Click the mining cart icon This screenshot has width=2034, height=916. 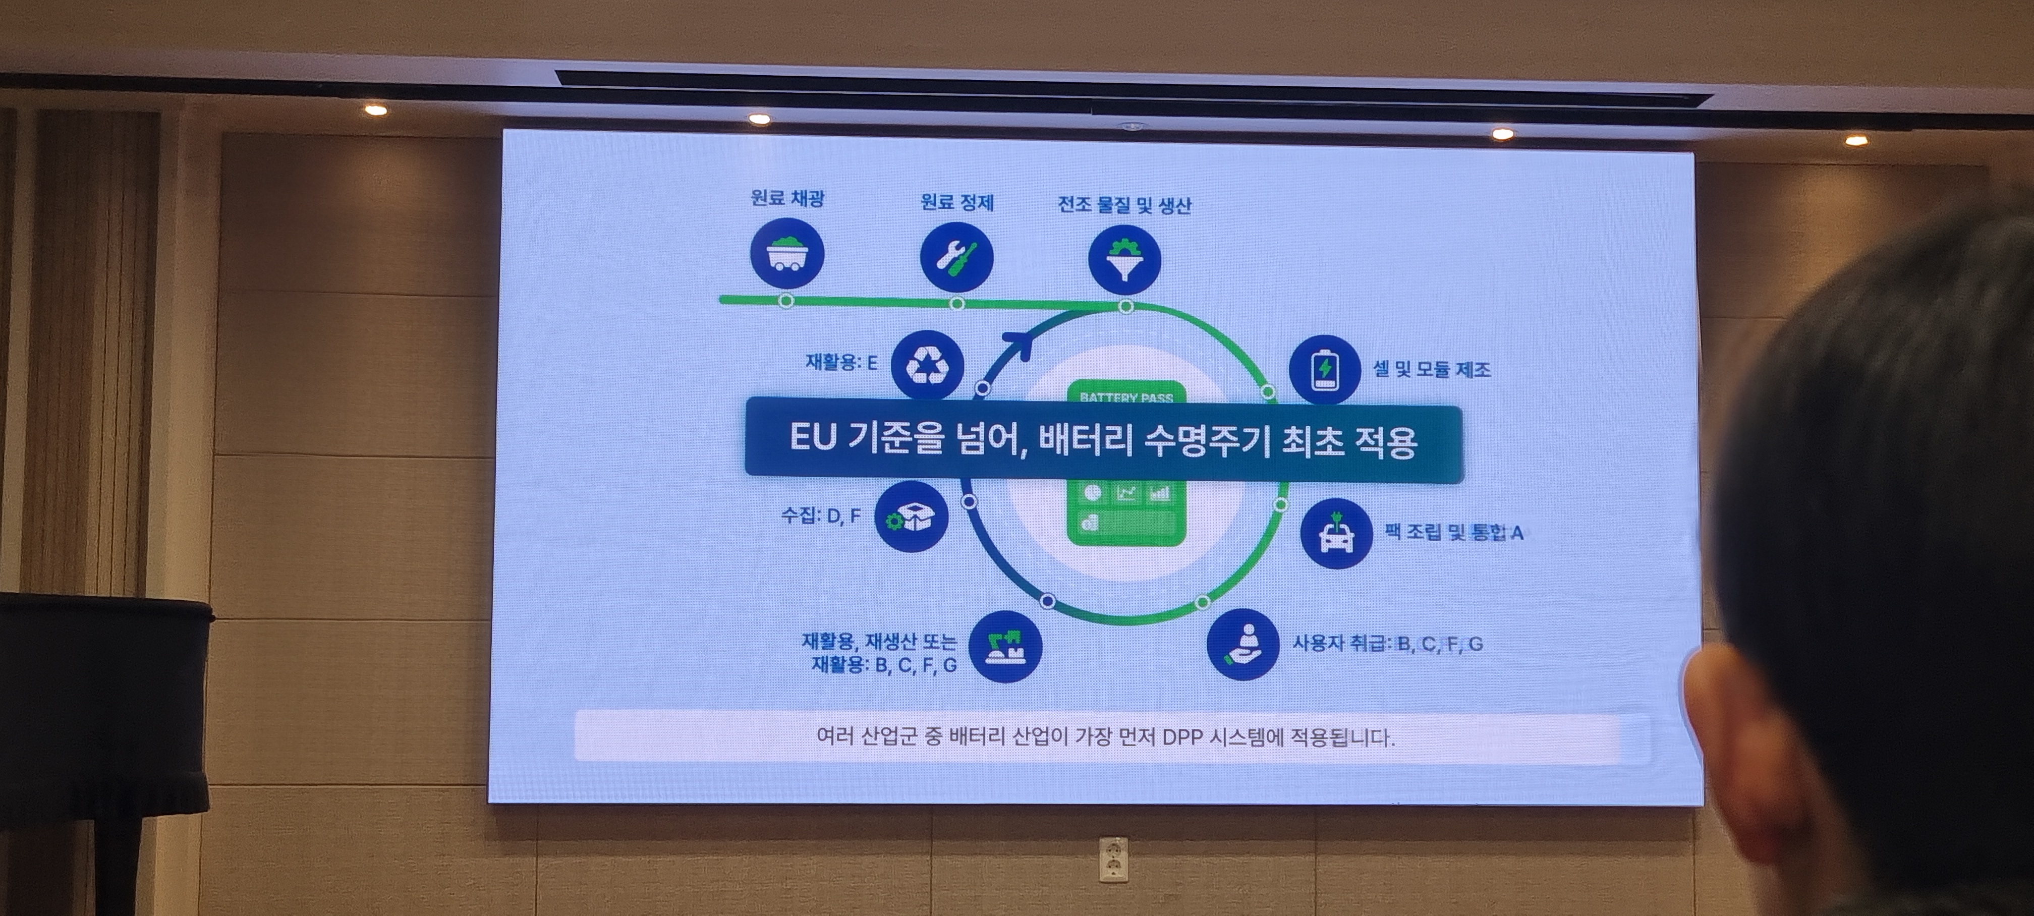pos(786,254)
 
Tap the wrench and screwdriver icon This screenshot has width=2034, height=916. pos(956,257)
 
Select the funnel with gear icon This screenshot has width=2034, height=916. pos(1124,260)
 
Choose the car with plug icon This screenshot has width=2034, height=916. pos(1336,533)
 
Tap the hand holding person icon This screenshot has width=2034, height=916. pos(1243,644)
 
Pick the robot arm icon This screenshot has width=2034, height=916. pos(1004,646)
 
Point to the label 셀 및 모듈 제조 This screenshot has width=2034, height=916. pos(1432,369)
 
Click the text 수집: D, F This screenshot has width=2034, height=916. pos(820,516)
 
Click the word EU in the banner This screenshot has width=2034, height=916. pos(813,438)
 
